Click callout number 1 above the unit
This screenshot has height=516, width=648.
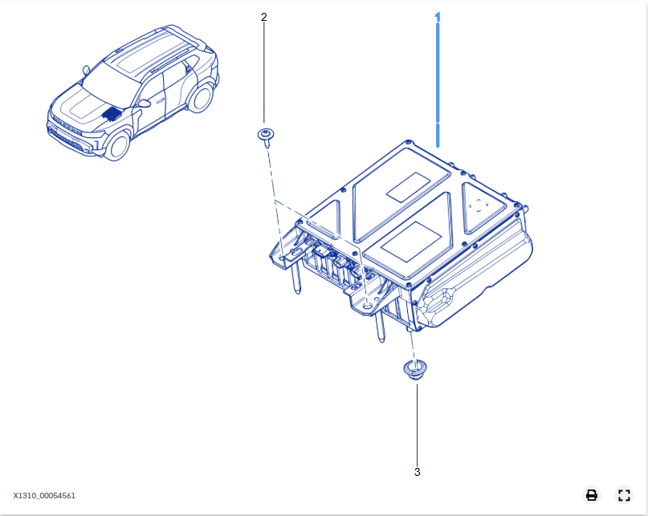click(438, 17)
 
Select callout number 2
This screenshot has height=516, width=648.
click(264, 17)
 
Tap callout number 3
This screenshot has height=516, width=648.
click(417, 472)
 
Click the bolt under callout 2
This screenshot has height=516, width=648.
click(263, 136)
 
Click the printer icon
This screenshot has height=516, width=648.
click(592, 494)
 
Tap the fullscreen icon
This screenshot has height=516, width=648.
click(624, 494)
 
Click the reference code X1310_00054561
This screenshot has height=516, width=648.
click(44, 496)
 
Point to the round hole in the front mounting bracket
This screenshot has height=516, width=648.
click(368, 304)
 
